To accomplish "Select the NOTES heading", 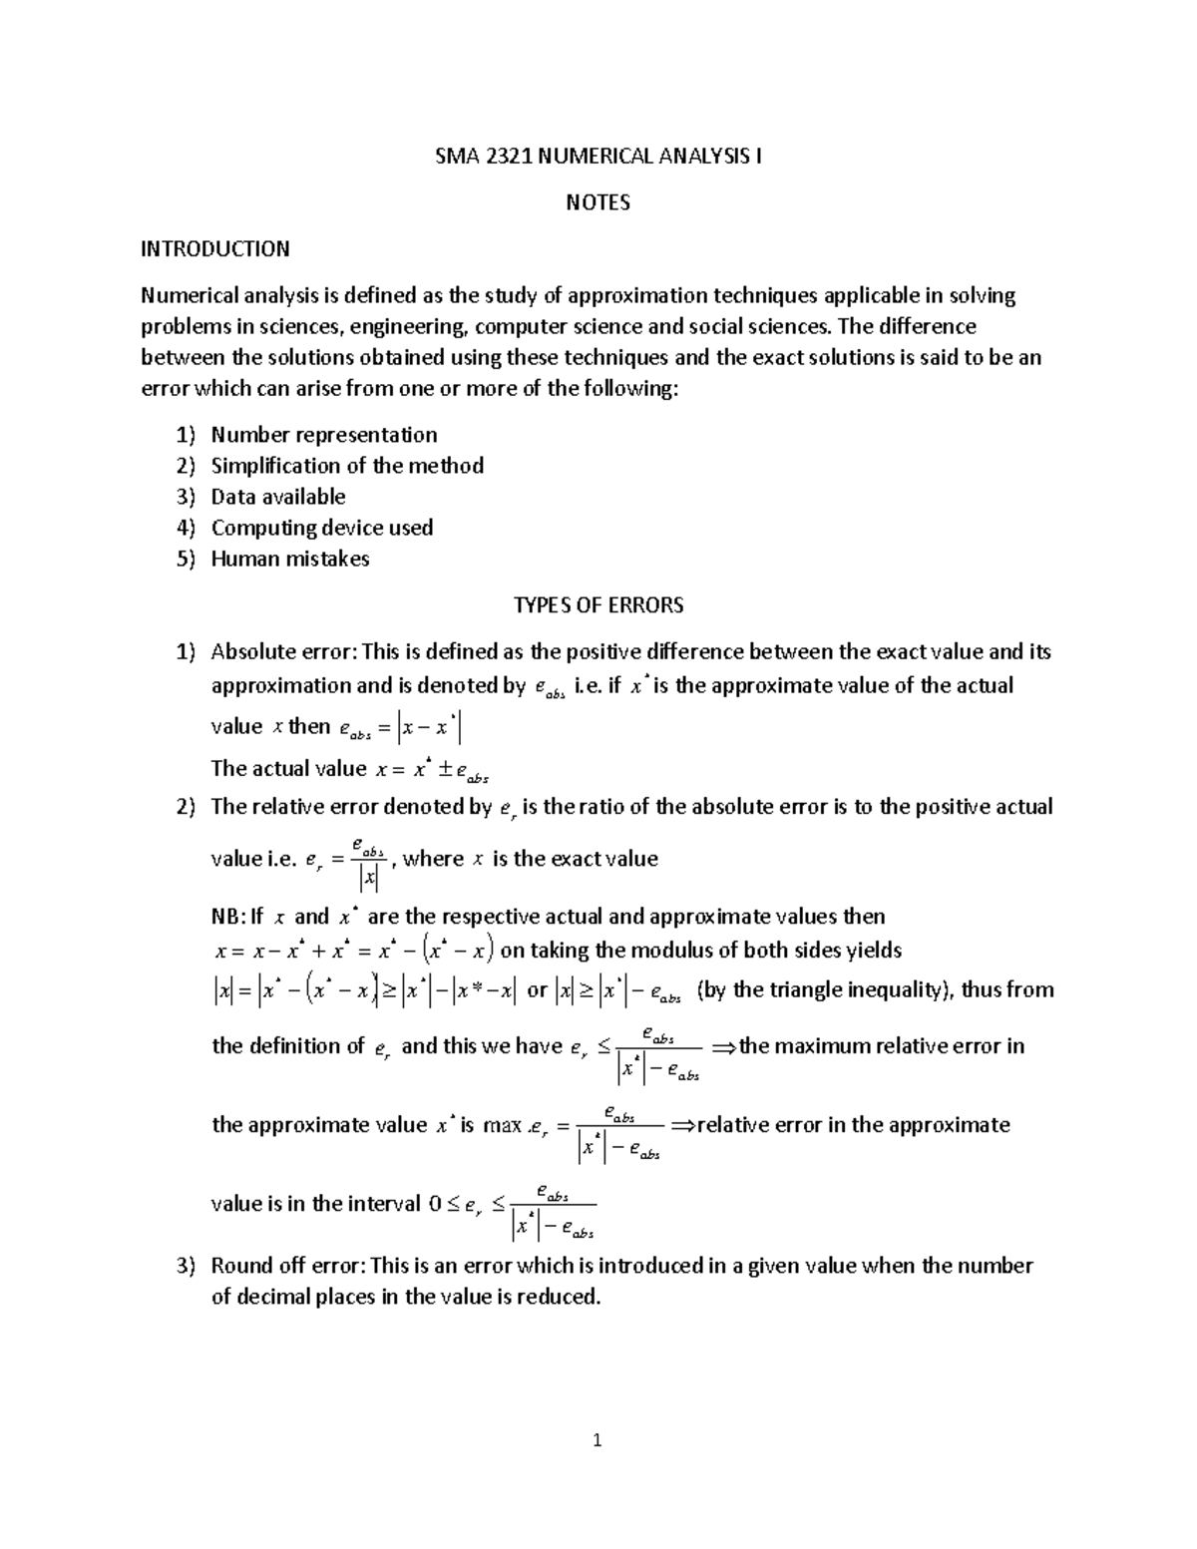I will pos(598,202).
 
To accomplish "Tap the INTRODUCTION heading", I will pos(214,248).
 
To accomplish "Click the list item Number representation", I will pos(323,435).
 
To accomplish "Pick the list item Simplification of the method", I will pos(347,466).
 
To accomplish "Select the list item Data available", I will pos(278,497).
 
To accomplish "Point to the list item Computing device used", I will pos(321,528).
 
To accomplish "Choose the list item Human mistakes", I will pos(290,559).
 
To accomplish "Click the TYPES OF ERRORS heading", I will pos(598,605).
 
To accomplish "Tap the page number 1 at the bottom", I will pos(598,1440).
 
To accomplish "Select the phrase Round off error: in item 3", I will pos(288,1266).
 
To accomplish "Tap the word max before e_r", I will pos(503,1126).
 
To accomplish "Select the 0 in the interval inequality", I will pos(434,1204).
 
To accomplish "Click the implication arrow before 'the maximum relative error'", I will pos(723,1047).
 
